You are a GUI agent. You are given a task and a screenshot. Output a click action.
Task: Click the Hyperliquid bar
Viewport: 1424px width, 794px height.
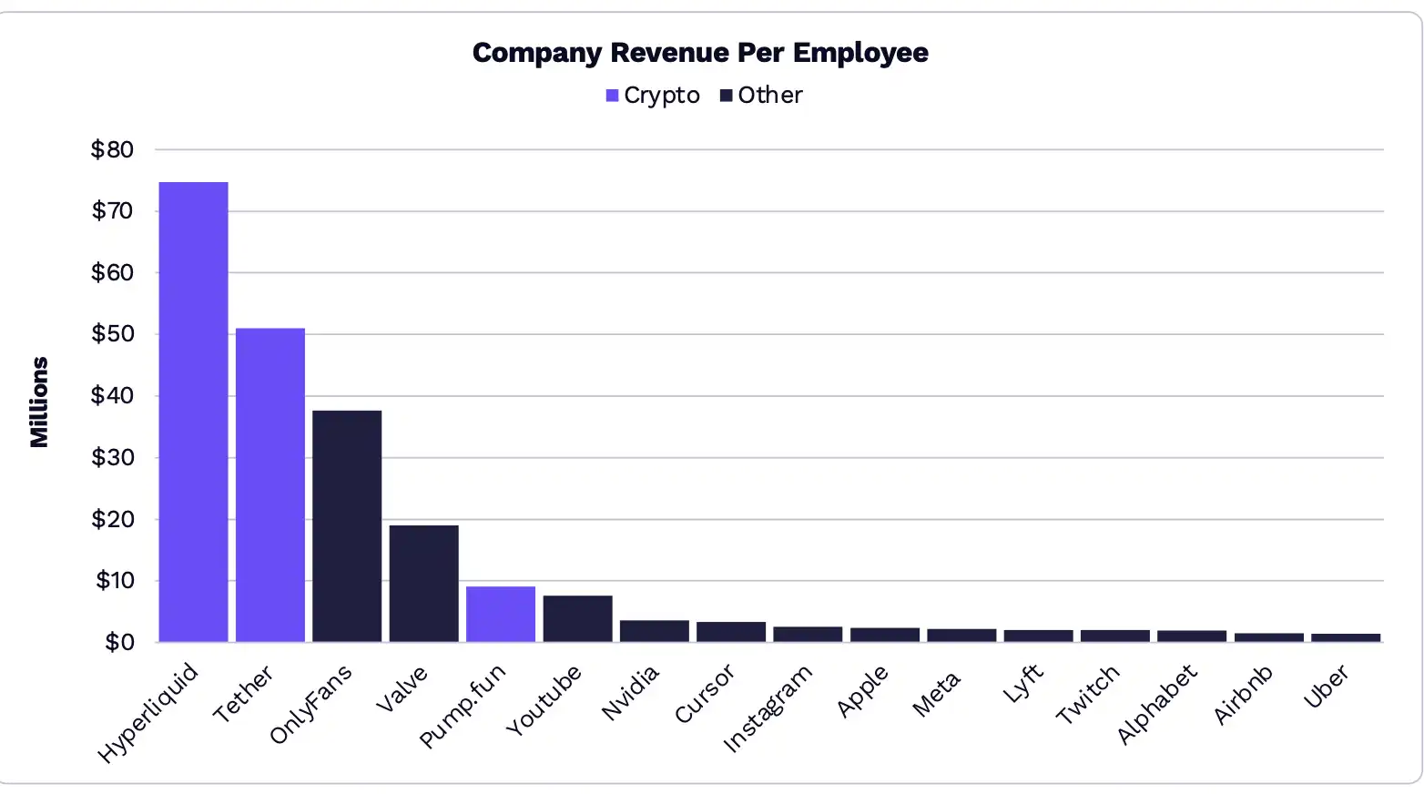193,412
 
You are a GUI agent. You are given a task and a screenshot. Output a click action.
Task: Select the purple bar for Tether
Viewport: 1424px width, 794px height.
270,484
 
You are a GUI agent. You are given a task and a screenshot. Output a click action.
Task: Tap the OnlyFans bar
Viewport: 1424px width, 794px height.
347,525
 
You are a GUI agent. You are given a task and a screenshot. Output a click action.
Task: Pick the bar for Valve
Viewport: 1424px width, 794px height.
423,583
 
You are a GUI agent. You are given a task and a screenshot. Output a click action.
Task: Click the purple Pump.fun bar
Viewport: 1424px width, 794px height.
501,614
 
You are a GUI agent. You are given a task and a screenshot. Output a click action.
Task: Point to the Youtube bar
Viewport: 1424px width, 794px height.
577,618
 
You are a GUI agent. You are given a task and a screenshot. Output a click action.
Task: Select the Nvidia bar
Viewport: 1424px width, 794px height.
654,631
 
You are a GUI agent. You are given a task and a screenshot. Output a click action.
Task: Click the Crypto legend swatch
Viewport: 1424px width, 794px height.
612,96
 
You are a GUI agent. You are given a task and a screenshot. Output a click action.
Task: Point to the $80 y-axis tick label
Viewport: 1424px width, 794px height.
112,149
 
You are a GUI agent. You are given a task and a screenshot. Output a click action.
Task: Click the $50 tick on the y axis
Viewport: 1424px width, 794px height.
112,334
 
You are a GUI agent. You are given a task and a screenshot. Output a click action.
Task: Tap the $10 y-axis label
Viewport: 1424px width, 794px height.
114,581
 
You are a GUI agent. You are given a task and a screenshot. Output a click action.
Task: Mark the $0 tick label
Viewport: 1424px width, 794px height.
119,642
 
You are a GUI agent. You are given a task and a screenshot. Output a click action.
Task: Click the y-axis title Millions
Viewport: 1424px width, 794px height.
39,402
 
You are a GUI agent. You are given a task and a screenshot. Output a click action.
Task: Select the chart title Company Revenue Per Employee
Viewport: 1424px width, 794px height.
700,53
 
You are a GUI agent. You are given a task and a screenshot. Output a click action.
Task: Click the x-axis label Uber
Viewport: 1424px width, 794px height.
1326,687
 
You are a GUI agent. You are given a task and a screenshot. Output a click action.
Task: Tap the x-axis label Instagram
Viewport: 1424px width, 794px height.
767,708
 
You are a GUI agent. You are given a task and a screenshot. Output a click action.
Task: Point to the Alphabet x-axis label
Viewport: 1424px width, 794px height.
1156,704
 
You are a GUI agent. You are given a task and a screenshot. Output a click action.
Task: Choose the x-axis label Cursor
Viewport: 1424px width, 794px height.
704,694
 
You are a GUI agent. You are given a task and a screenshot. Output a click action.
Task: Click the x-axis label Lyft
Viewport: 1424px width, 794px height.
1022,683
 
